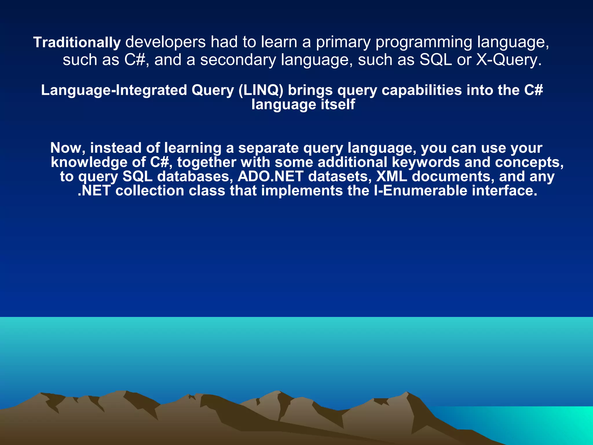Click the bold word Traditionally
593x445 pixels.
77,43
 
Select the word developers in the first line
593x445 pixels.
165,42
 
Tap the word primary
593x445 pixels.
343,42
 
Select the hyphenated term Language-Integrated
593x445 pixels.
114,90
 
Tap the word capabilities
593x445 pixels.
422,90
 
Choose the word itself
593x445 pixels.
338,104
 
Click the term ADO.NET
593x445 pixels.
270,176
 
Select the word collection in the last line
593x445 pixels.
150,191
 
